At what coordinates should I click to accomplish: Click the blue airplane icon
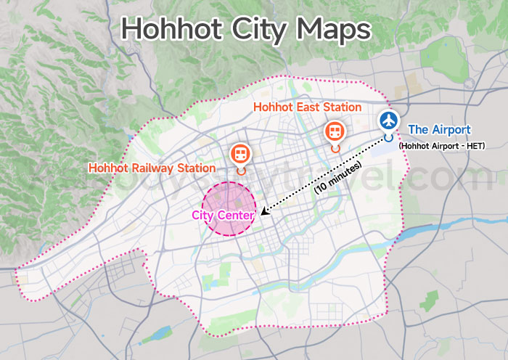390,119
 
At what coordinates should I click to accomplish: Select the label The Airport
439,130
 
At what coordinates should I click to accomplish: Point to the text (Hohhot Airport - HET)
441,146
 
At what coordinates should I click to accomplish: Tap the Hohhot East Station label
307,107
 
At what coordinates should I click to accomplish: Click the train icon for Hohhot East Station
334,131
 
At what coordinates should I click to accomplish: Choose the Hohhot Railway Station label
152,168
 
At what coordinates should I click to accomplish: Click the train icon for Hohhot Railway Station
240,153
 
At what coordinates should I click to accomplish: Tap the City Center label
223,216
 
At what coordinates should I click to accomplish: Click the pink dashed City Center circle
229,196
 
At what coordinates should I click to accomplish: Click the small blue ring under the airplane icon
389,136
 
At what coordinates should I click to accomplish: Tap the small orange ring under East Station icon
334,148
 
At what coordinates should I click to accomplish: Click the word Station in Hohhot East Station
340,107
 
